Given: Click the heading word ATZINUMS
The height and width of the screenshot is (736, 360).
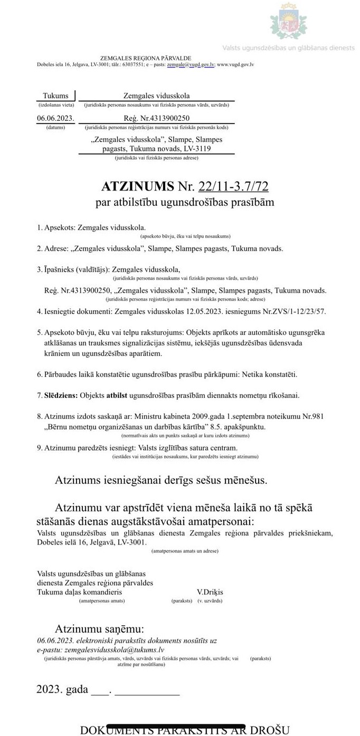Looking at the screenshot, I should click(x=137, y=186).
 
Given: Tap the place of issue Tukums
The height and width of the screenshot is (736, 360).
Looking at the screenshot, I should click(x=55, y=95).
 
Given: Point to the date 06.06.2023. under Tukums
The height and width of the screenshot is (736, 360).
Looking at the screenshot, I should click(x=55, y=118).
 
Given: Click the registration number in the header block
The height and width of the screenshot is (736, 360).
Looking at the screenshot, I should click(x=157, y=118).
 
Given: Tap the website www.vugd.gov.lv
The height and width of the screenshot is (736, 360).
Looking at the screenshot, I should click(x=235, y=64).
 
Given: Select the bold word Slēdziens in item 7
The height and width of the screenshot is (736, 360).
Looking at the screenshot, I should click(x=61, y=395).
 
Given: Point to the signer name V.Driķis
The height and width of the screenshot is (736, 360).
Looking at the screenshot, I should click(x=210, y=592).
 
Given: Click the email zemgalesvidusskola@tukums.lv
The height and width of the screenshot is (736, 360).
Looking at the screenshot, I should click(x=113, y=650).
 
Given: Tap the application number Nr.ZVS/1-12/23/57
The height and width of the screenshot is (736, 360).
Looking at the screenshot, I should click(x=291, y=311).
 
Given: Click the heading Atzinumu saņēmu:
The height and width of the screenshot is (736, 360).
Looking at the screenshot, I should click(x=99, y=629).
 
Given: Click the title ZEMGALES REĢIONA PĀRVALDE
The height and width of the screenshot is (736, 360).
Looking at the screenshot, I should click(x=146, y=58).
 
